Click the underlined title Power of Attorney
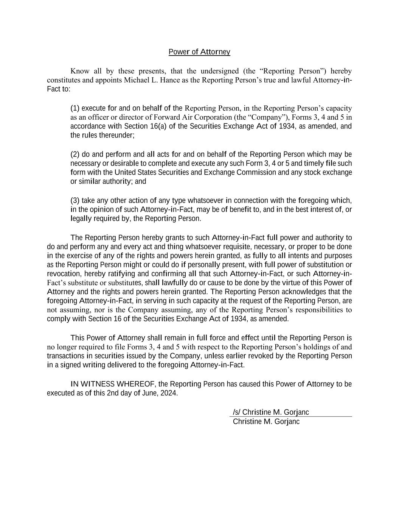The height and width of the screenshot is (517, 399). [x=199, y=52]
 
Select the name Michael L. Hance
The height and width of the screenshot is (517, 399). [x=148, y=80]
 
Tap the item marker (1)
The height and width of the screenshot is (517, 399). [x=75, y=108]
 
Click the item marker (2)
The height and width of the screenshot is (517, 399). [x=75, y=154]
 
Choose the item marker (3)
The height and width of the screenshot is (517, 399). [x=75, y=200]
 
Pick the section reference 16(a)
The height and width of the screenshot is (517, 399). [x=158, y=126]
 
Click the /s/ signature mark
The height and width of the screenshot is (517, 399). [x=236, y=412]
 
